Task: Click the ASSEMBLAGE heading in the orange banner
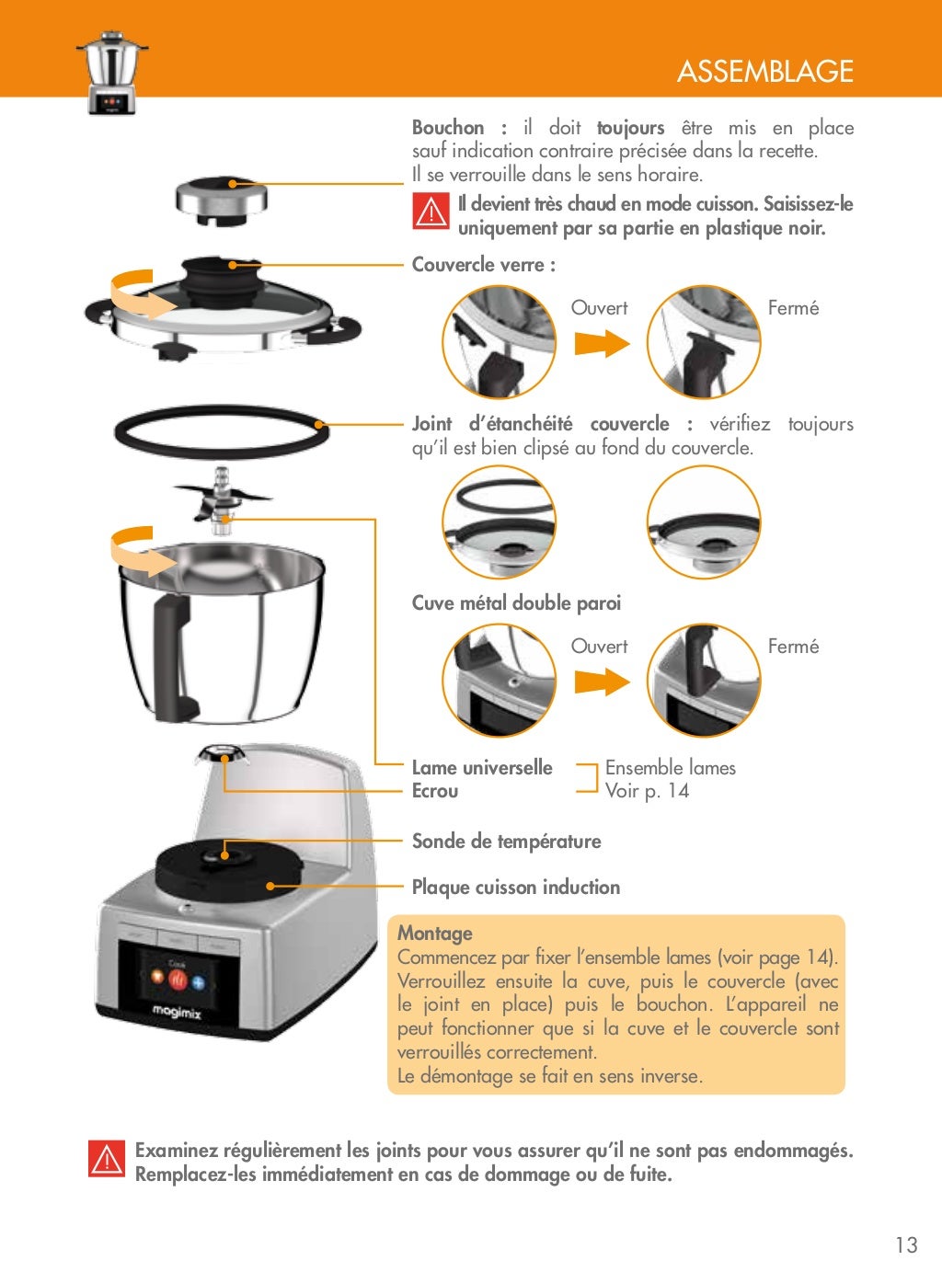tap(764, 71)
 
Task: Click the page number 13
tap(906, 1244)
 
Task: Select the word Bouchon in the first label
tap(448, 128)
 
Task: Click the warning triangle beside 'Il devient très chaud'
tap(430, 213)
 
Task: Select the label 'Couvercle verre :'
tap(483, 265)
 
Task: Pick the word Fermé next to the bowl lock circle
tap(793, 647)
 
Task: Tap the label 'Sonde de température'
tap(506, 842)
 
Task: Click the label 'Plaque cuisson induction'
tap(515, 888)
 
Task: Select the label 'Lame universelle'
tap(482, 768)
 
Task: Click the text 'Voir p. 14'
tap(647, 791)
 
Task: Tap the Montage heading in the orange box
tap(435, 933)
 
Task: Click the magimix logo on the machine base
tap(177, 1012)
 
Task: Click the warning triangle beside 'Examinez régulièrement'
tap(107, 1159)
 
